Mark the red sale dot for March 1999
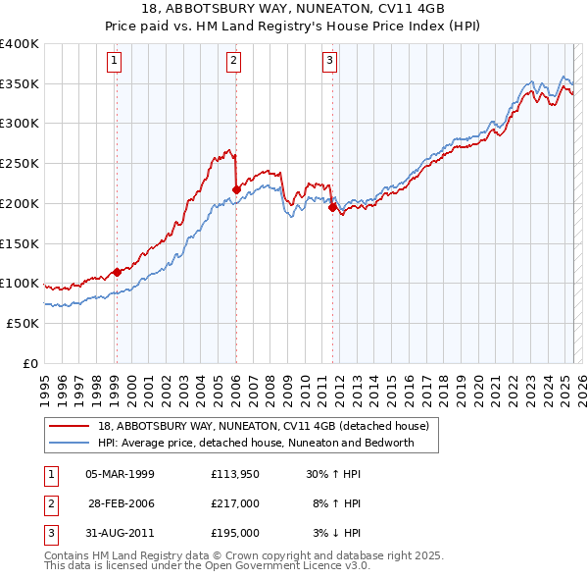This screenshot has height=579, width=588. (117, 272)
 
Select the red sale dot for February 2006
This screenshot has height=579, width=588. (236, 189)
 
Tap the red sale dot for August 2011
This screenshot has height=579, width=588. (332, 207)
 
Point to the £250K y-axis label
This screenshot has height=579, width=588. (19, 164)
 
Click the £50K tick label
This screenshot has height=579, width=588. (23, 323)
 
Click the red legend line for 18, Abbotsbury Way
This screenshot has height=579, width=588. (70, 427)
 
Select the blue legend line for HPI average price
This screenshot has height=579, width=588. (70, 443)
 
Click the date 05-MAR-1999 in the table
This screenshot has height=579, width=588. (121, 474)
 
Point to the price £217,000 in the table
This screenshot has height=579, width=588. (235, 503)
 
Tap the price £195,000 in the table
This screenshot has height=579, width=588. (235, 533)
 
